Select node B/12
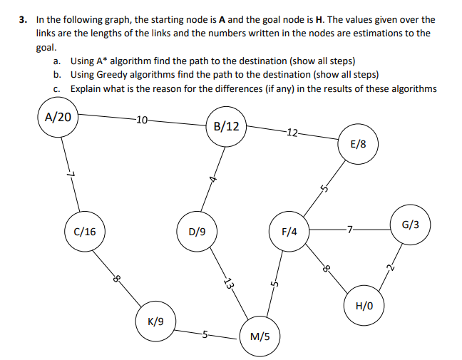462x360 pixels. pos(226,127)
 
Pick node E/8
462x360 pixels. pos(359,144)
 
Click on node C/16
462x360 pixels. pos(84,231)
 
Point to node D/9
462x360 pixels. pos(197,231)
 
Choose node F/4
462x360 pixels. pos(289,231)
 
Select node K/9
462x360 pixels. pos(155,322)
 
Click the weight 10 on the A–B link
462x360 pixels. pos(141,119)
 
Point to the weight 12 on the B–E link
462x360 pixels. pos(292,131)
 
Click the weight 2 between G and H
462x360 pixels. pos(391,268)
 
